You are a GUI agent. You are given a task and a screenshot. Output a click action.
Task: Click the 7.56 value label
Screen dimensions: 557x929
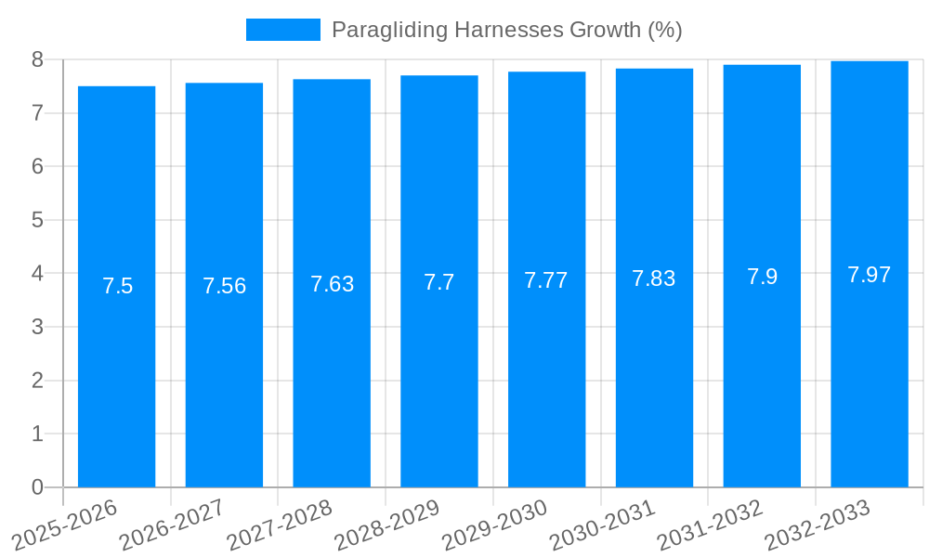pos(225,286)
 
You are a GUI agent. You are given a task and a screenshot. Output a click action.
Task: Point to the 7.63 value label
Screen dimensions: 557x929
pos(332,284)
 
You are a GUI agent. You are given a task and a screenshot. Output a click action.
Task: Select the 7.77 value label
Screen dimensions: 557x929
pos(546,280)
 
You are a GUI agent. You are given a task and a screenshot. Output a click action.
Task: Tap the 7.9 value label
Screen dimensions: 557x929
pos(762,277)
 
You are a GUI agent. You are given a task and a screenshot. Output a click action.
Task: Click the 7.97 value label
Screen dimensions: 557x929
pos(870,275)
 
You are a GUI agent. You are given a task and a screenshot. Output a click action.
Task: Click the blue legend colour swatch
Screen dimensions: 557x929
pos(282,30)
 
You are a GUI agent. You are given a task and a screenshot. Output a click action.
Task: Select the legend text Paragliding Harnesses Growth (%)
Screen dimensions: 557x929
pos(506,30)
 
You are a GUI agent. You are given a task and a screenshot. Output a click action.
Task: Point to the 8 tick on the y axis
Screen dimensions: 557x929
pos(37,59)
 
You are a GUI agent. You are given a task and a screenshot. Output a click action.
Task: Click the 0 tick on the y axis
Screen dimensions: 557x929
pos(37,487)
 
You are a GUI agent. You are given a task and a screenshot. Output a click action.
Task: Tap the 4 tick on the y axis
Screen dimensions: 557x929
pos(37,274)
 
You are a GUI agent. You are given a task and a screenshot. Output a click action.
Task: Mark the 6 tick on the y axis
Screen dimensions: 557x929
pos(37,167)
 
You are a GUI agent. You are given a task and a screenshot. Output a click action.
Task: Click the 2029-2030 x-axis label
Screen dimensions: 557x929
pos(494,524)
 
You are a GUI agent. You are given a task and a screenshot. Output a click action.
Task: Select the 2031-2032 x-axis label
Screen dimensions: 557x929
pos(710,524)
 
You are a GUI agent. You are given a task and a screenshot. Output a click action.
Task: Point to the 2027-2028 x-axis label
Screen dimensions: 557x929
pos(280,524)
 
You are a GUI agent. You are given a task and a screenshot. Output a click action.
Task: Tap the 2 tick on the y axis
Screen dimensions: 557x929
pos(37,381)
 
